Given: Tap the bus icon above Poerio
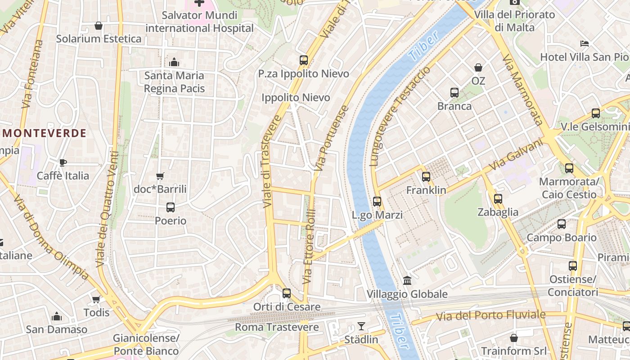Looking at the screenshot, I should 171,207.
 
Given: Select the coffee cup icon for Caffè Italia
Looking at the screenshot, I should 63,162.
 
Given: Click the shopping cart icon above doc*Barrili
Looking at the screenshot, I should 160,176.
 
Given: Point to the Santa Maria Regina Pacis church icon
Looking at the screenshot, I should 174,62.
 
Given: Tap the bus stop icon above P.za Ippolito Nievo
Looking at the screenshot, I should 304,60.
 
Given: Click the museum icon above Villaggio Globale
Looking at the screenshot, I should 407,281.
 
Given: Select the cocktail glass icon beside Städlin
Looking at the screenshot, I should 361,326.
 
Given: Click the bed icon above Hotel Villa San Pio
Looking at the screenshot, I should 584,44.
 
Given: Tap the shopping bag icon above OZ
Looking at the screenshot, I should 478,67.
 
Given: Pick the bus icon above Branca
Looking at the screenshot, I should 454,93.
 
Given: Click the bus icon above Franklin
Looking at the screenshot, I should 426,177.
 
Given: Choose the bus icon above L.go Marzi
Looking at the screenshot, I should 377,202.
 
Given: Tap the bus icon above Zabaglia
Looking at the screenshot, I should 498,199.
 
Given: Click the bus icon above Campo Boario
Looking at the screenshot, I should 562,224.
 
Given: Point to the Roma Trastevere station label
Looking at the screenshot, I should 277,327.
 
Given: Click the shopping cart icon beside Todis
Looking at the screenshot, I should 96,299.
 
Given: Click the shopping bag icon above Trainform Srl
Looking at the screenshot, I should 513,337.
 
